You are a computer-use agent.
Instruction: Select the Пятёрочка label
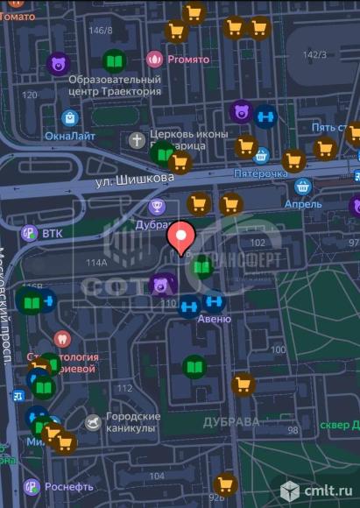[260, 173]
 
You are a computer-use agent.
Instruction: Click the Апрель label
[302, 204]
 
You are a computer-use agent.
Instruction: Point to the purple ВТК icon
[29, 233]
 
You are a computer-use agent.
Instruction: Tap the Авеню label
[214, 320]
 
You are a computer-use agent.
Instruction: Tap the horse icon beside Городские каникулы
[93, 423]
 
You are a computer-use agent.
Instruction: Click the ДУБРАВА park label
[231, 421]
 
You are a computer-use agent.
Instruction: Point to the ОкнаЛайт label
[69, 137]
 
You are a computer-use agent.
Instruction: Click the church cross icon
[137, 139]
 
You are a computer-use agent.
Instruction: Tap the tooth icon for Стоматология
[60, 338]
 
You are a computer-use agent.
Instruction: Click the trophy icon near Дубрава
[158, 207]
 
